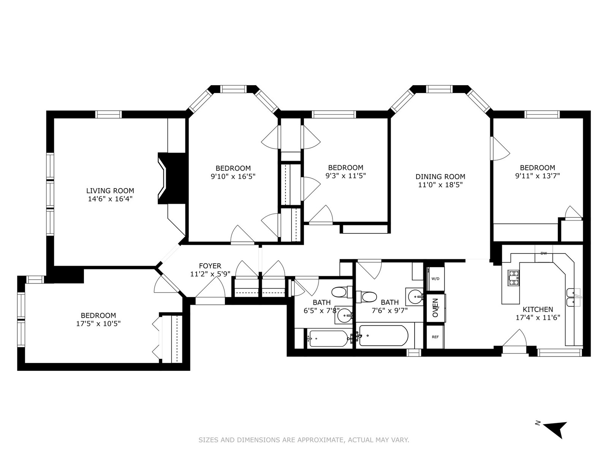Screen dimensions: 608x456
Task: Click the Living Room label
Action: [x=110, y=191]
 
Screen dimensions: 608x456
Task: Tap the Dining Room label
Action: [x=440, y=177]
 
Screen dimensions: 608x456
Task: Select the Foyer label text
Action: [x=210, y=266]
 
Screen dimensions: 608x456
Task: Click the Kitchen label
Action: [x=538, y=310]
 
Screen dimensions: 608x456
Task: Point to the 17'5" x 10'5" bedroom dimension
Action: [x=98, y=323]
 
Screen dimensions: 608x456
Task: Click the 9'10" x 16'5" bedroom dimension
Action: [x=233, y=176]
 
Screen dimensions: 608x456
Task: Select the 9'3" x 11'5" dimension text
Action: [x=345, y=176]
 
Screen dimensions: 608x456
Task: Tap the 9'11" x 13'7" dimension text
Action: [x=537, y=176]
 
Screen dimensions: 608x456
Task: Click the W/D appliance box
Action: [x=435, y=279]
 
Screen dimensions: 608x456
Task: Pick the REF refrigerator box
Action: [x=435, y=337]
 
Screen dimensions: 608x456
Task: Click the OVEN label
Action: [x=435, y=308]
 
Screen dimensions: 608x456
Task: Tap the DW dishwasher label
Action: [x=544, y=253]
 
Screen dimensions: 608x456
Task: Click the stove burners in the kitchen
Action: [x=513, y=278]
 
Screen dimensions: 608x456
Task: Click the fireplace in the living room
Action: [x=171, y=178]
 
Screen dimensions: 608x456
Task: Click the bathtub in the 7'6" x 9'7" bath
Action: [x=384, y=336]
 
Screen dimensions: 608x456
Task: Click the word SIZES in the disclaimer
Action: [x=208, y=440]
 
